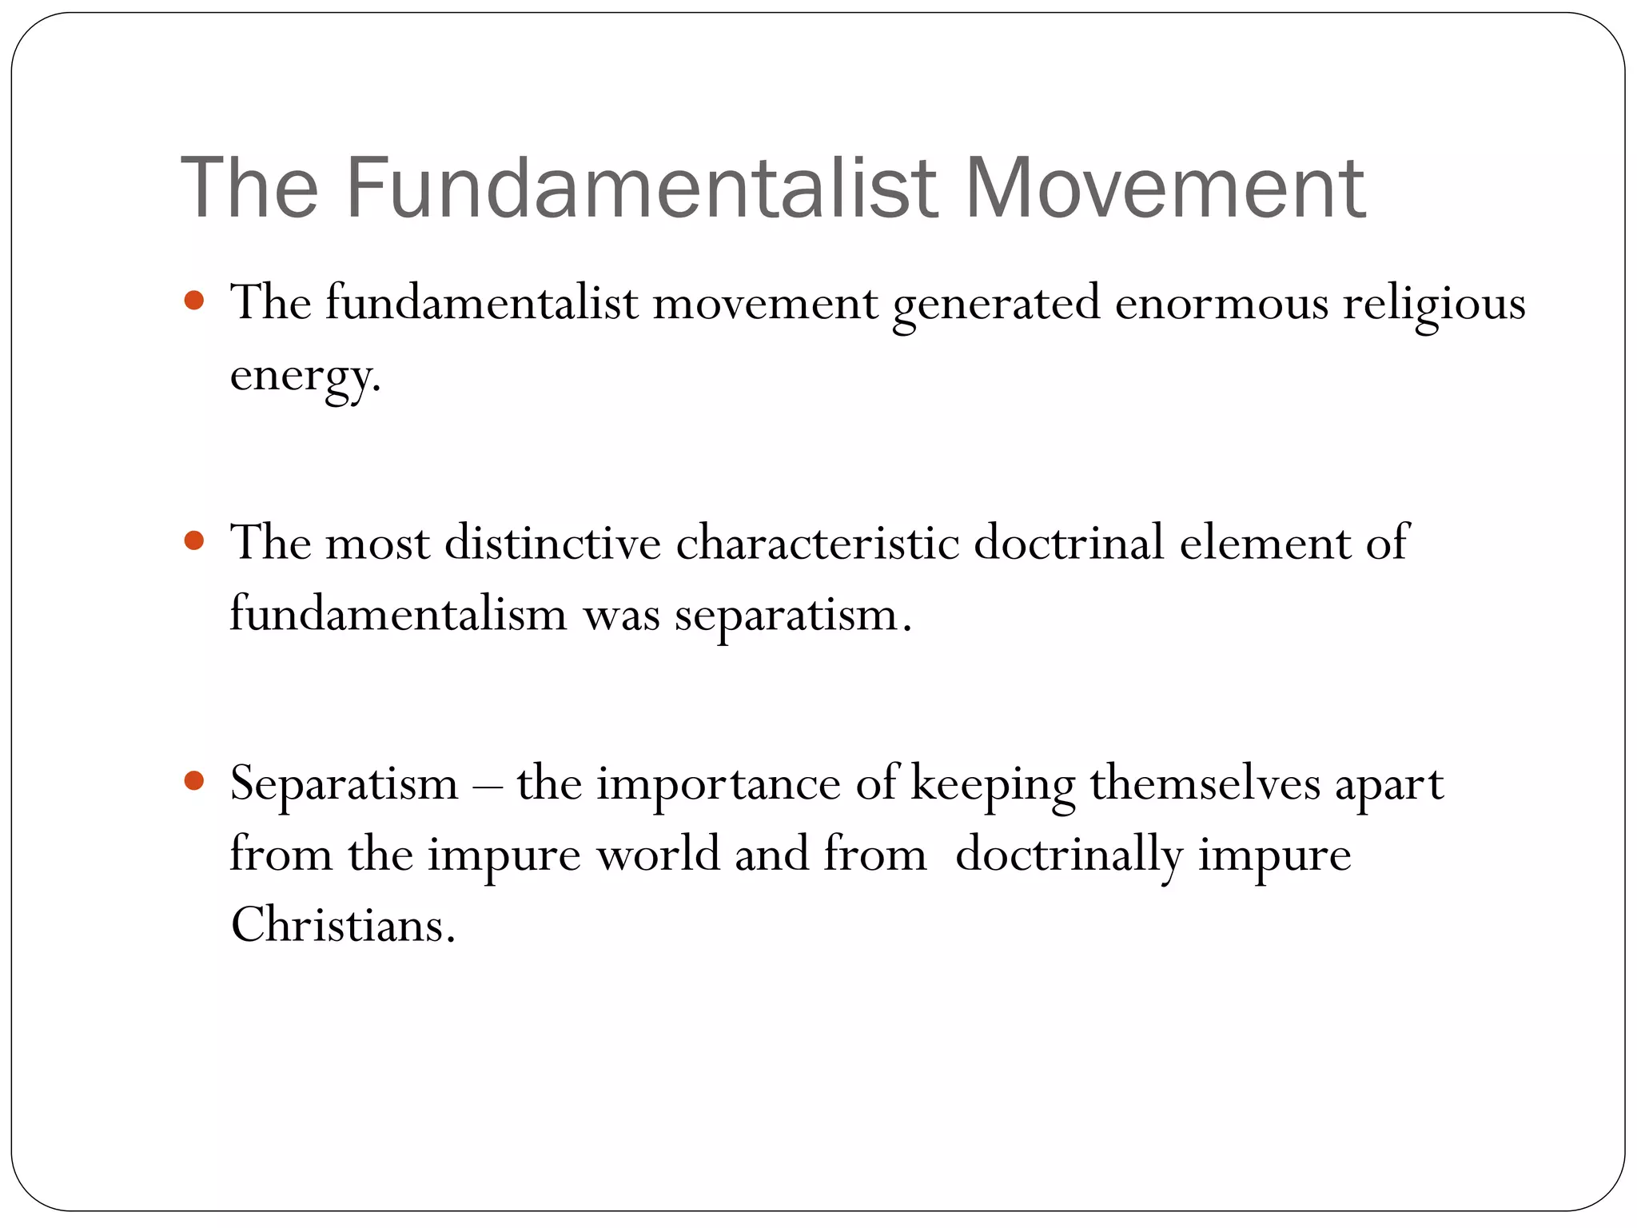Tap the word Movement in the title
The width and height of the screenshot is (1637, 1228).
1165,189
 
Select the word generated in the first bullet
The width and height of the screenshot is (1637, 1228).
996,305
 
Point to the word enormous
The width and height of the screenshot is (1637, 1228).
1221,305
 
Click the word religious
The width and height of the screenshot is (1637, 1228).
1434,305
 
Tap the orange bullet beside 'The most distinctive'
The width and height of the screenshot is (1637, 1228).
194,541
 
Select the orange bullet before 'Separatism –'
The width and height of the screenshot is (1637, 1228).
194,780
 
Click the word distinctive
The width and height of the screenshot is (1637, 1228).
552,543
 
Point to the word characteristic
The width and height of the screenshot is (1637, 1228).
817,543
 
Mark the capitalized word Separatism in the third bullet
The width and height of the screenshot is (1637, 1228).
345,783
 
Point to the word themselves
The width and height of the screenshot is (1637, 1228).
1205,783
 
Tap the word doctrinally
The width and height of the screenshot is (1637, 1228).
1069,855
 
